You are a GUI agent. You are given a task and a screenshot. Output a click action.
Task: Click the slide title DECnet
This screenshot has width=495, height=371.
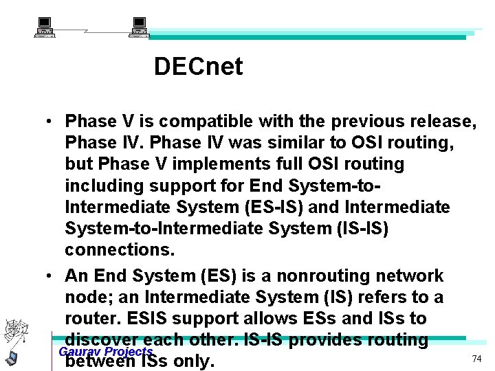(x=198, y=67)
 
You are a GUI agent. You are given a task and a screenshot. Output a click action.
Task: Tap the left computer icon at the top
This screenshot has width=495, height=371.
(x=45, y=27)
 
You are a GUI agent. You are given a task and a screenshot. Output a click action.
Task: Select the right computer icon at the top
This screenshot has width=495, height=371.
(x=140, y=27)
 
